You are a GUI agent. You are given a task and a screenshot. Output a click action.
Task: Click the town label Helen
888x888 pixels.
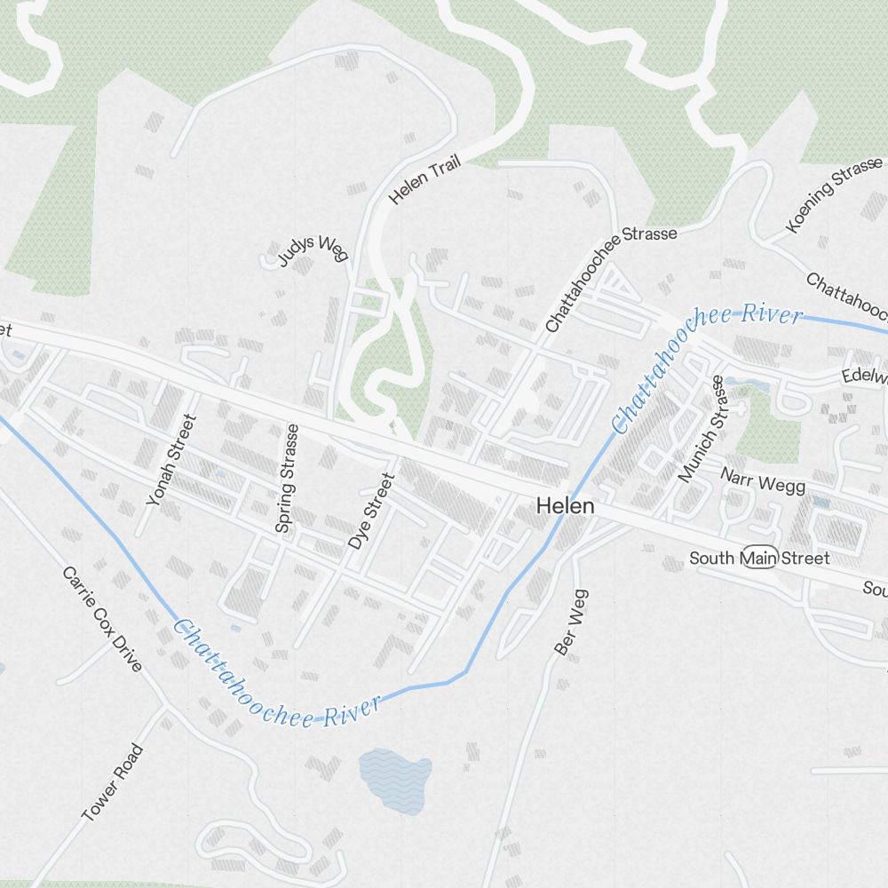tap(565, 506)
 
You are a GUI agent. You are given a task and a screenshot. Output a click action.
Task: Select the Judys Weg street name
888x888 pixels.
tap(312, 250)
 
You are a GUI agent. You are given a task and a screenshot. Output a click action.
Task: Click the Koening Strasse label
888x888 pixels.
tap(835, 194)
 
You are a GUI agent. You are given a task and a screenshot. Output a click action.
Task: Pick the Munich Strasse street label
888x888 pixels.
tap(702, 428)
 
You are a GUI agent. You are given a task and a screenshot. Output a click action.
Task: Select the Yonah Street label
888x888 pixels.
tap(170, 459)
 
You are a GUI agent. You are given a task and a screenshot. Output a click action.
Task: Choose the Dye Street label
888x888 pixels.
tap(370, 511)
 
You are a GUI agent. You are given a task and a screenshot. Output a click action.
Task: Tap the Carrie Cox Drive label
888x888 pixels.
tap(102, 618)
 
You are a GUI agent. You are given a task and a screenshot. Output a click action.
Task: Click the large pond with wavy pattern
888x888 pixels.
tap(395, 779)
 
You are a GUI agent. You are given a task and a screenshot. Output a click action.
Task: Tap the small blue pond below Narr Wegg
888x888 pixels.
tap(821, 503)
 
